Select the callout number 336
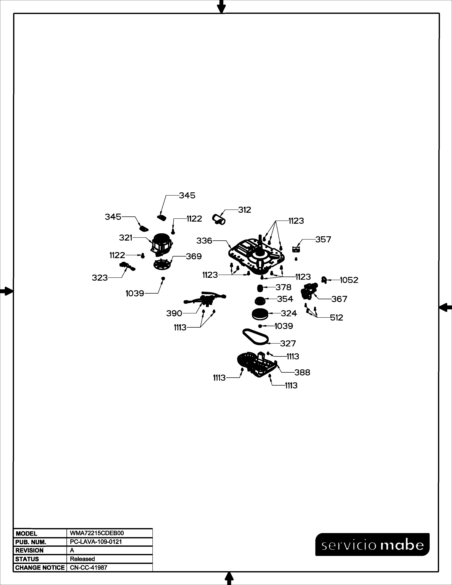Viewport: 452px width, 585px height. coord(204,241)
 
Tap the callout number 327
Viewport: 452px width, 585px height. coord(288,343)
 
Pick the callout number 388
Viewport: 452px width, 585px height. coord(302,372)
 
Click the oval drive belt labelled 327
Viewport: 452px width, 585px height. coord(255,337)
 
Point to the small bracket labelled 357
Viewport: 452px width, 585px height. coord(296,250)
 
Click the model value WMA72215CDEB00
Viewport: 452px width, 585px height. coord(97,533)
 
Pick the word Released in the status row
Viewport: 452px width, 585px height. coord(82,559)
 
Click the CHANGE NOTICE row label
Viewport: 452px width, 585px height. coord(40,568)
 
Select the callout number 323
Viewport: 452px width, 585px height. coord(100,278)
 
